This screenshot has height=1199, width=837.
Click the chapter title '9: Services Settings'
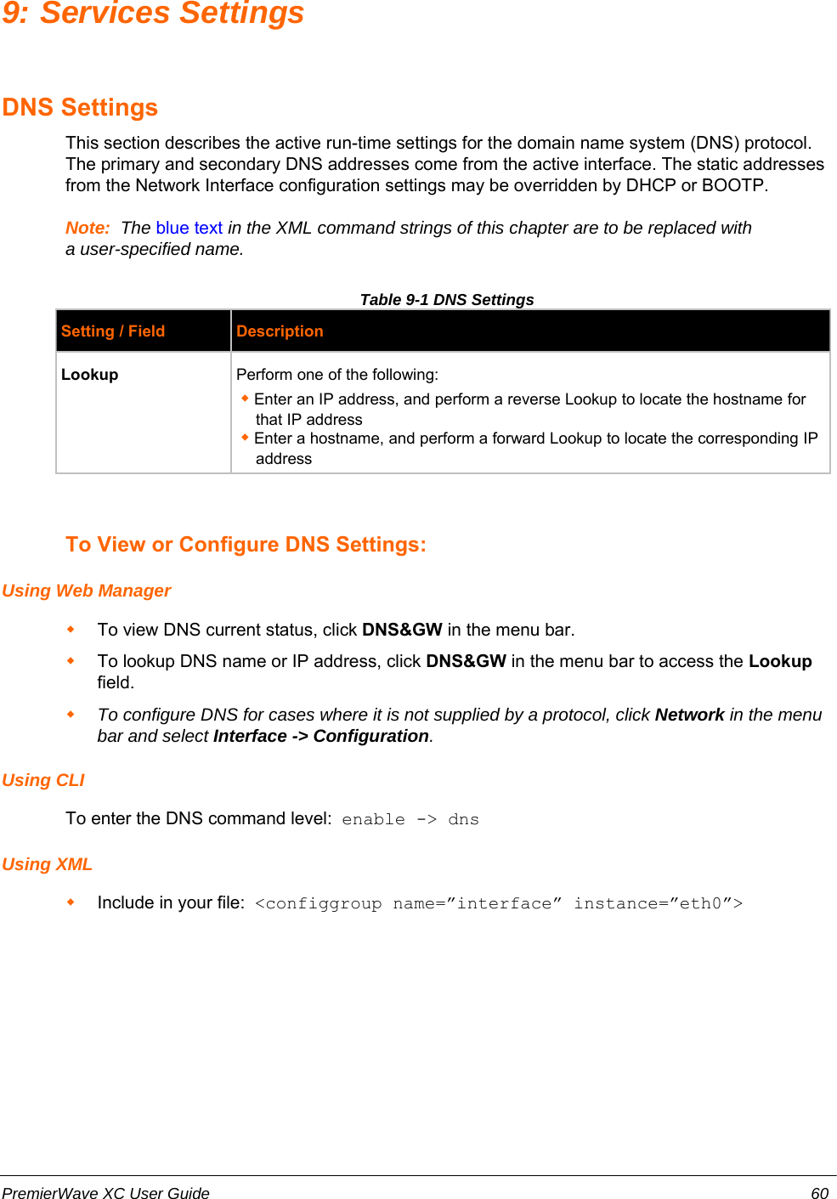pos(153,14)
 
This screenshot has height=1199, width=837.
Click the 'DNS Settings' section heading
pos(81,108)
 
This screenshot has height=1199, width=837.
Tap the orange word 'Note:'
pos(88,228)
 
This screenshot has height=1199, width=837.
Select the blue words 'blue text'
pos(189,228)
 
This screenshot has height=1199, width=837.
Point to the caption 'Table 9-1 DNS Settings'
pos(447,299)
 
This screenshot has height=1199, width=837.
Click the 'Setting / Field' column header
pos(113,331)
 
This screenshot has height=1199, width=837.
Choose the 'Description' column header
pos(280,331)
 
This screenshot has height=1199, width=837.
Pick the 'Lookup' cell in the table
pos(90,375)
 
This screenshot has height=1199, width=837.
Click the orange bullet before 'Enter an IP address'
pos(245,398)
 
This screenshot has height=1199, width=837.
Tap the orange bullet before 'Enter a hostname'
pos(245,437)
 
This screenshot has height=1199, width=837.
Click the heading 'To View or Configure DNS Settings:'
pos(246,545)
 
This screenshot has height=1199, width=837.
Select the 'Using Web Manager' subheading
pos(87,591)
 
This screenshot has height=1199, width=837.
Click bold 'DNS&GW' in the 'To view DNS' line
pos(402,630)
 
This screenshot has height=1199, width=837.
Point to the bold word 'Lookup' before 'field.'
pos(780,661)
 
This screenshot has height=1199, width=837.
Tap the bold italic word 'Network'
pos(689,715)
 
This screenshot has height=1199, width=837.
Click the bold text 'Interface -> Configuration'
pos(321,736)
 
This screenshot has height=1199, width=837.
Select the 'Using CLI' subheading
pos(43,780)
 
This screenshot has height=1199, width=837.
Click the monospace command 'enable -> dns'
pos(410,819)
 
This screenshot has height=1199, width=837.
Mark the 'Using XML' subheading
pos(48,864)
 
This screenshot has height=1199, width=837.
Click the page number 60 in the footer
pos(819,1193)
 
